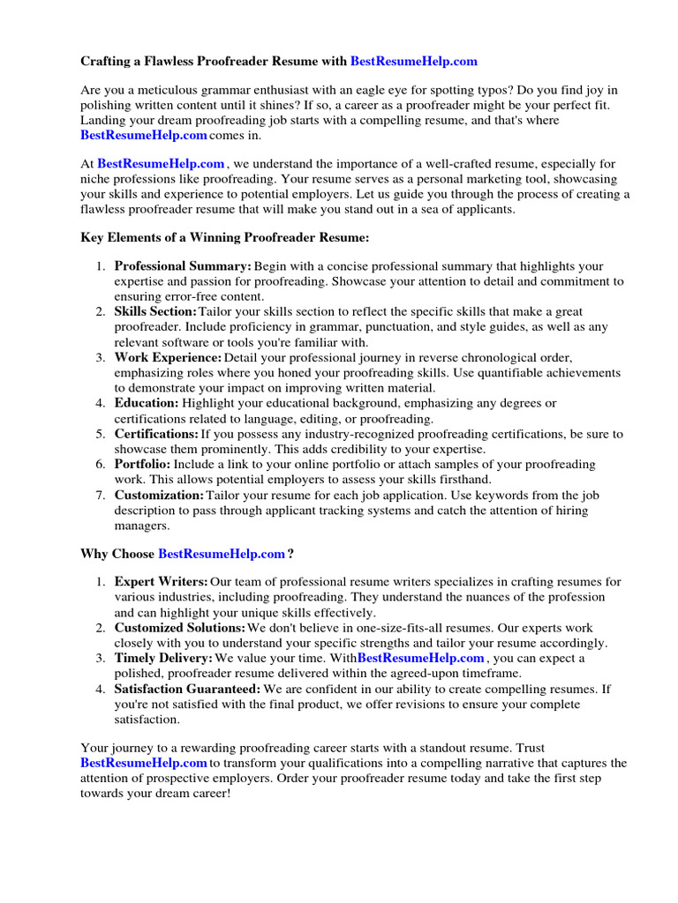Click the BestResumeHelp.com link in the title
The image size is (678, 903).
click(x=414, y=61)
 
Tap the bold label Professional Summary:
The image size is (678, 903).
click(x=183, y=265)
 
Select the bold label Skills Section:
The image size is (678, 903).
click(x=155, y=311)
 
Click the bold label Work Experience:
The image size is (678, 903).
click(x=168, y=357)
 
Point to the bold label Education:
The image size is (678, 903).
click(x=147, y=403)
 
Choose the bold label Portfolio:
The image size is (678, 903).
click(x=143, y=464)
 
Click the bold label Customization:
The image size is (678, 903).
click(x=159, y=495)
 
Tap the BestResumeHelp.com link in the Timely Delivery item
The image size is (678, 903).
click(x=420, y=658)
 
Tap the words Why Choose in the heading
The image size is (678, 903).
click(x=117, y=553)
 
